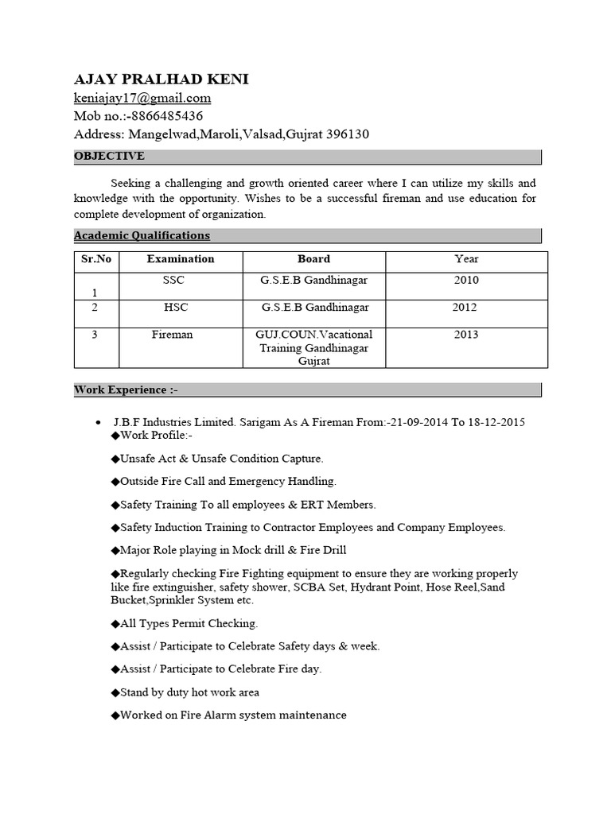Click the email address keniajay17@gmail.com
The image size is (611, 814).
pyautogui.click(x=142, y=99)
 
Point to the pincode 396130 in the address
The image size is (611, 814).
pyautogui.click(x=348, y=134)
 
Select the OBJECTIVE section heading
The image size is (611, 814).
pyautogui.click(x=109, y=156)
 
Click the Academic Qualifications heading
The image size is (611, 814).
pyautogui.click(x=142, y=235)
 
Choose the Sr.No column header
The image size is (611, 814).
pyautogui.click(x=96, y=259)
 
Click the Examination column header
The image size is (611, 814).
pyautogui.click(x=181, y=259)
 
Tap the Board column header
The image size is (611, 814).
pyautogui.click(x=314, y=259)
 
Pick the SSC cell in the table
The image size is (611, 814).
pyautogui.click(x=173, y=281)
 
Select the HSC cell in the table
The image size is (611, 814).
pyautogui.click(x=175, y=307)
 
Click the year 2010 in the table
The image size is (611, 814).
pyautogui.click(x=466, y=281)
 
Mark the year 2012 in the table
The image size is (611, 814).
pyautogui.click(x=465, y=307)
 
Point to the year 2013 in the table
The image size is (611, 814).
pyautogui.click(x=466, y=335)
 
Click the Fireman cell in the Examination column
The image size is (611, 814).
pyautogui.click(x=173, y=335)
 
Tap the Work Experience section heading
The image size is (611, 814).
pyautogui.click(x=120, y=390)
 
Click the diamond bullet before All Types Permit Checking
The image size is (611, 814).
pyautogui.click(x=115, y=624)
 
